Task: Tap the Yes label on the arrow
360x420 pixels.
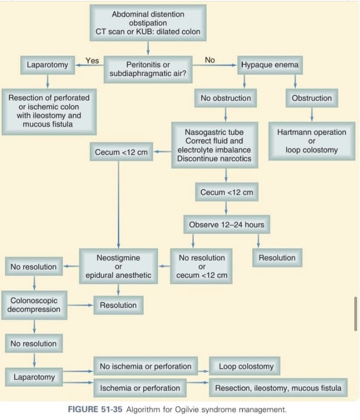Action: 92,60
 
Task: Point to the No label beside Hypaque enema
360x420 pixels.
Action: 210,60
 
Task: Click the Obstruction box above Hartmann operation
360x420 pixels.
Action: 312,98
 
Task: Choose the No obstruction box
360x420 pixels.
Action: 226,98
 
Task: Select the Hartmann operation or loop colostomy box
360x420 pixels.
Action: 312,141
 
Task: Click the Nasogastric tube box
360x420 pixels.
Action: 214,145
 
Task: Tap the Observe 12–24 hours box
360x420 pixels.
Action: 226,224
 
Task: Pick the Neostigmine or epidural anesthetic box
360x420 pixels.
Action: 118,266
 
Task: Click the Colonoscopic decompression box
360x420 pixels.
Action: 34,305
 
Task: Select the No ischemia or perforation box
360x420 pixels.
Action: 145,366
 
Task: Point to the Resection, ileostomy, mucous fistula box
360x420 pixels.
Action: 278,388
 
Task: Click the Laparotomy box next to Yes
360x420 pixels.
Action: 47,64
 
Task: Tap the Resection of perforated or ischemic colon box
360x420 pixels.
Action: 49,111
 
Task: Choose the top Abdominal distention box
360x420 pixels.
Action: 148,23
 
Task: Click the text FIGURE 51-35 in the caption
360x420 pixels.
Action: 97,410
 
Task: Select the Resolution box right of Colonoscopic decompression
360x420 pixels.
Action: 118,305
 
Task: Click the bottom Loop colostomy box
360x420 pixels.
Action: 246,366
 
